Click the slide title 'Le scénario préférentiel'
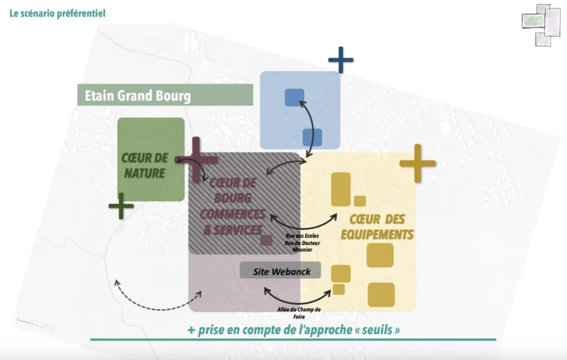tap(57, 13)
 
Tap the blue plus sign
tap(341, 59)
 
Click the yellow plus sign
tap(417, 163)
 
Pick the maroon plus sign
tap(197, 160)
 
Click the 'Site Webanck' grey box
tap(281, 271)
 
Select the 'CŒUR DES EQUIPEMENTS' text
tap(377, 226)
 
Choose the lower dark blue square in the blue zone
tap(312, 137)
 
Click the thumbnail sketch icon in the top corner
tap(541, 24)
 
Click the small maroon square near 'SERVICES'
tap(266, 240)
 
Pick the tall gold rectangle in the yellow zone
tap(341, 189)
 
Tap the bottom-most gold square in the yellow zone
tap(381, 295)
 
